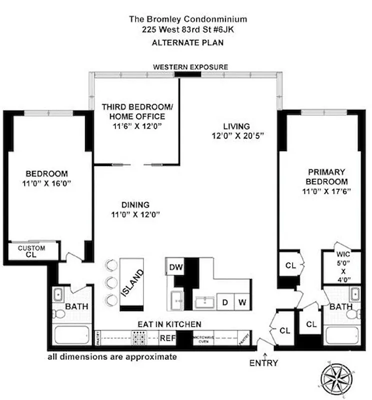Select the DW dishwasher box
click(175, 267)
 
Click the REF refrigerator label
click(167, 338)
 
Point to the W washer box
click(242, 302)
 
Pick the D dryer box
click(225, 302)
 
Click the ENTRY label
click(263, 363)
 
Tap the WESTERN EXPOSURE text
click(190, 66)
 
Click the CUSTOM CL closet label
click(31, 251)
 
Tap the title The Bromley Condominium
click(187, 19)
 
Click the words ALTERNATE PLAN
click(187, 42)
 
